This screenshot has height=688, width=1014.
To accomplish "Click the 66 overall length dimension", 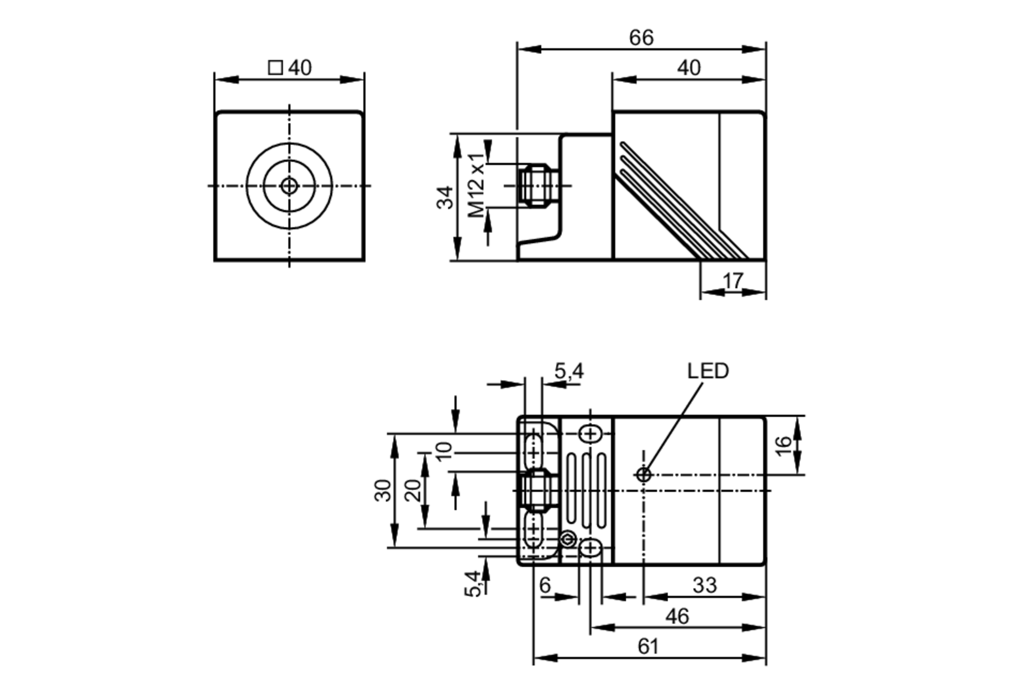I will (x=641, y=38).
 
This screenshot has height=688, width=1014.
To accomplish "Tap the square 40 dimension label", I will (x=290, y=67).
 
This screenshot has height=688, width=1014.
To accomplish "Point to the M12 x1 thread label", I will (x=476, y=185).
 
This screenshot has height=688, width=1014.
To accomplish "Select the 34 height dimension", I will (x=445, y=198).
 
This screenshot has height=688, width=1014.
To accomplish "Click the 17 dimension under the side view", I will (x=733, y=280).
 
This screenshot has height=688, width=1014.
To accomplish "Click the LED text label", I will (x=708, y=371).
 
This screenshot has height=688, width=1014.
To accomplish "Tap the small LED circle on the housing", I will (x=643, y=475).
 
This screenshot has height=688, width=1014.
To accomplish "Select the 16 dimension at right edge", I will (x=783, y=445).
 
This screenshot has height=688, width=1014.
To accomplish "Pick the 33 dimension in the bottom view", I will (x=704, y=586).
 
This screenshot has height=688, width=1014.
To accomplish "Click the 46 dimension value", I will (x=677, y=617).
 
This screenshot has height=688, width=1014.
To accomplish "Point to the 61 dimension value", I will (x=648, y=647).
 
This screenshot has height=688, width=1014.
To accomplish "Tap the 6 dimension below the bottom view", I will (x=545, y=586).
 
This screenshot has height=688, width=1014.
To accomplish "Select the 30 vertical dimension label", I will (x=383, y=490).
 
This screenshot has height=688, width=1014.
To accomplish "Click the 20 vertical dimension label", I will (x=413, y=490).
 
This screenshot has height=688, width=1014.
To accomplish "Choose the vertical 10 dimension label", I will (x=444, y=451).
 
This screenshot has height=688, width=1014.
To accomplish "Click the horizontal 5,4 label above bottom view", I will (x=569, y=372).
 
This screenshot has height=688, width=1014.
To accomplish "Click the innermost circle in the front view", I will (x=289, y=186).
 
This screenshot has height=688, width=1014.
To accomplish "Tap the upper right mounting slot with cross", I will (x=590, y=434).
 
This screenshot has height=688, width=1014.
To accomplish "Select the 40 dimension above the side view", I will (x=689, y=68).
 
